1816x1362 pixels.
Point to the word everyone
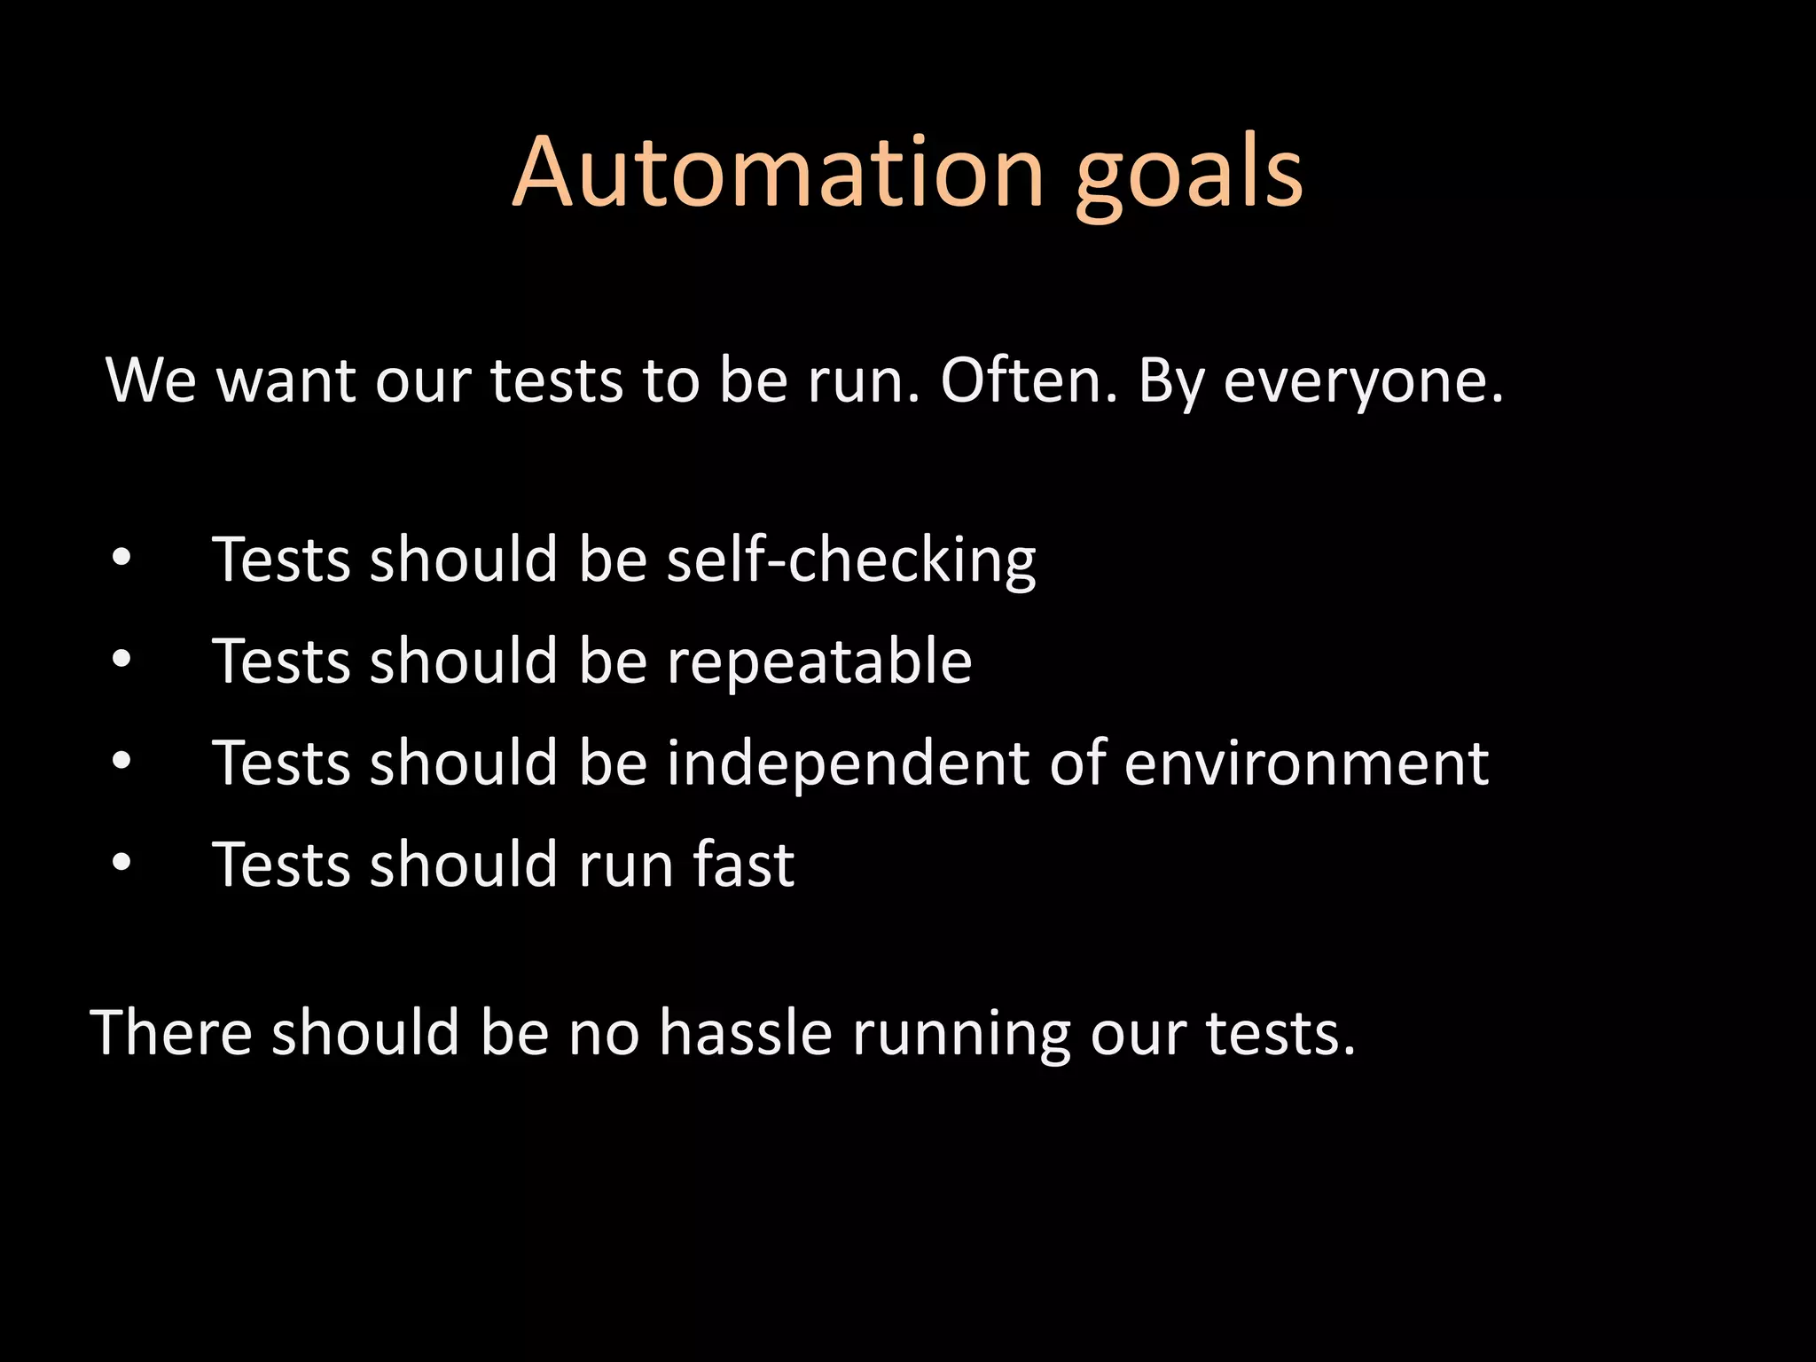point(1364,383)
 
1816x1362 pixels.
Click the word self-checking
point(851,560)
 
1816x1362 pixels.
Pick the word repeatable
point(819,663)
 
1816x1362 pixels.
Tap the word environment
point(1306,763)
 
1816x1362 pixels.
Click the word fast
point(743,865)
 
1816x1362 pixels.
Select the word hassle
point(745,1033)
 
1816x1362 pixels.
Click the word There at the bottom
point(171,1033)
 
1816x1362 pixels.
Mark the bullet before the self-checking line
point(122,559)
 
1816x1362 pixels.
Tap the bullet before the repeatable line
point(122,660)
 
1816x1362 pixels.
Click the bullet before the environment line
point(122,761)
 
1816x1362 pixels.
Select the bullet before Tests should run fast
point(122,862)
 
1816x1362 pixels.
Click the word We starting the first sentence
point(151,380)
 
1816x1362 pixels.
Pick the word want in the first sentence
point(286,381)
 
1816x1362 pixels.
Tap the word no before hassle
point(603,1035)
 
